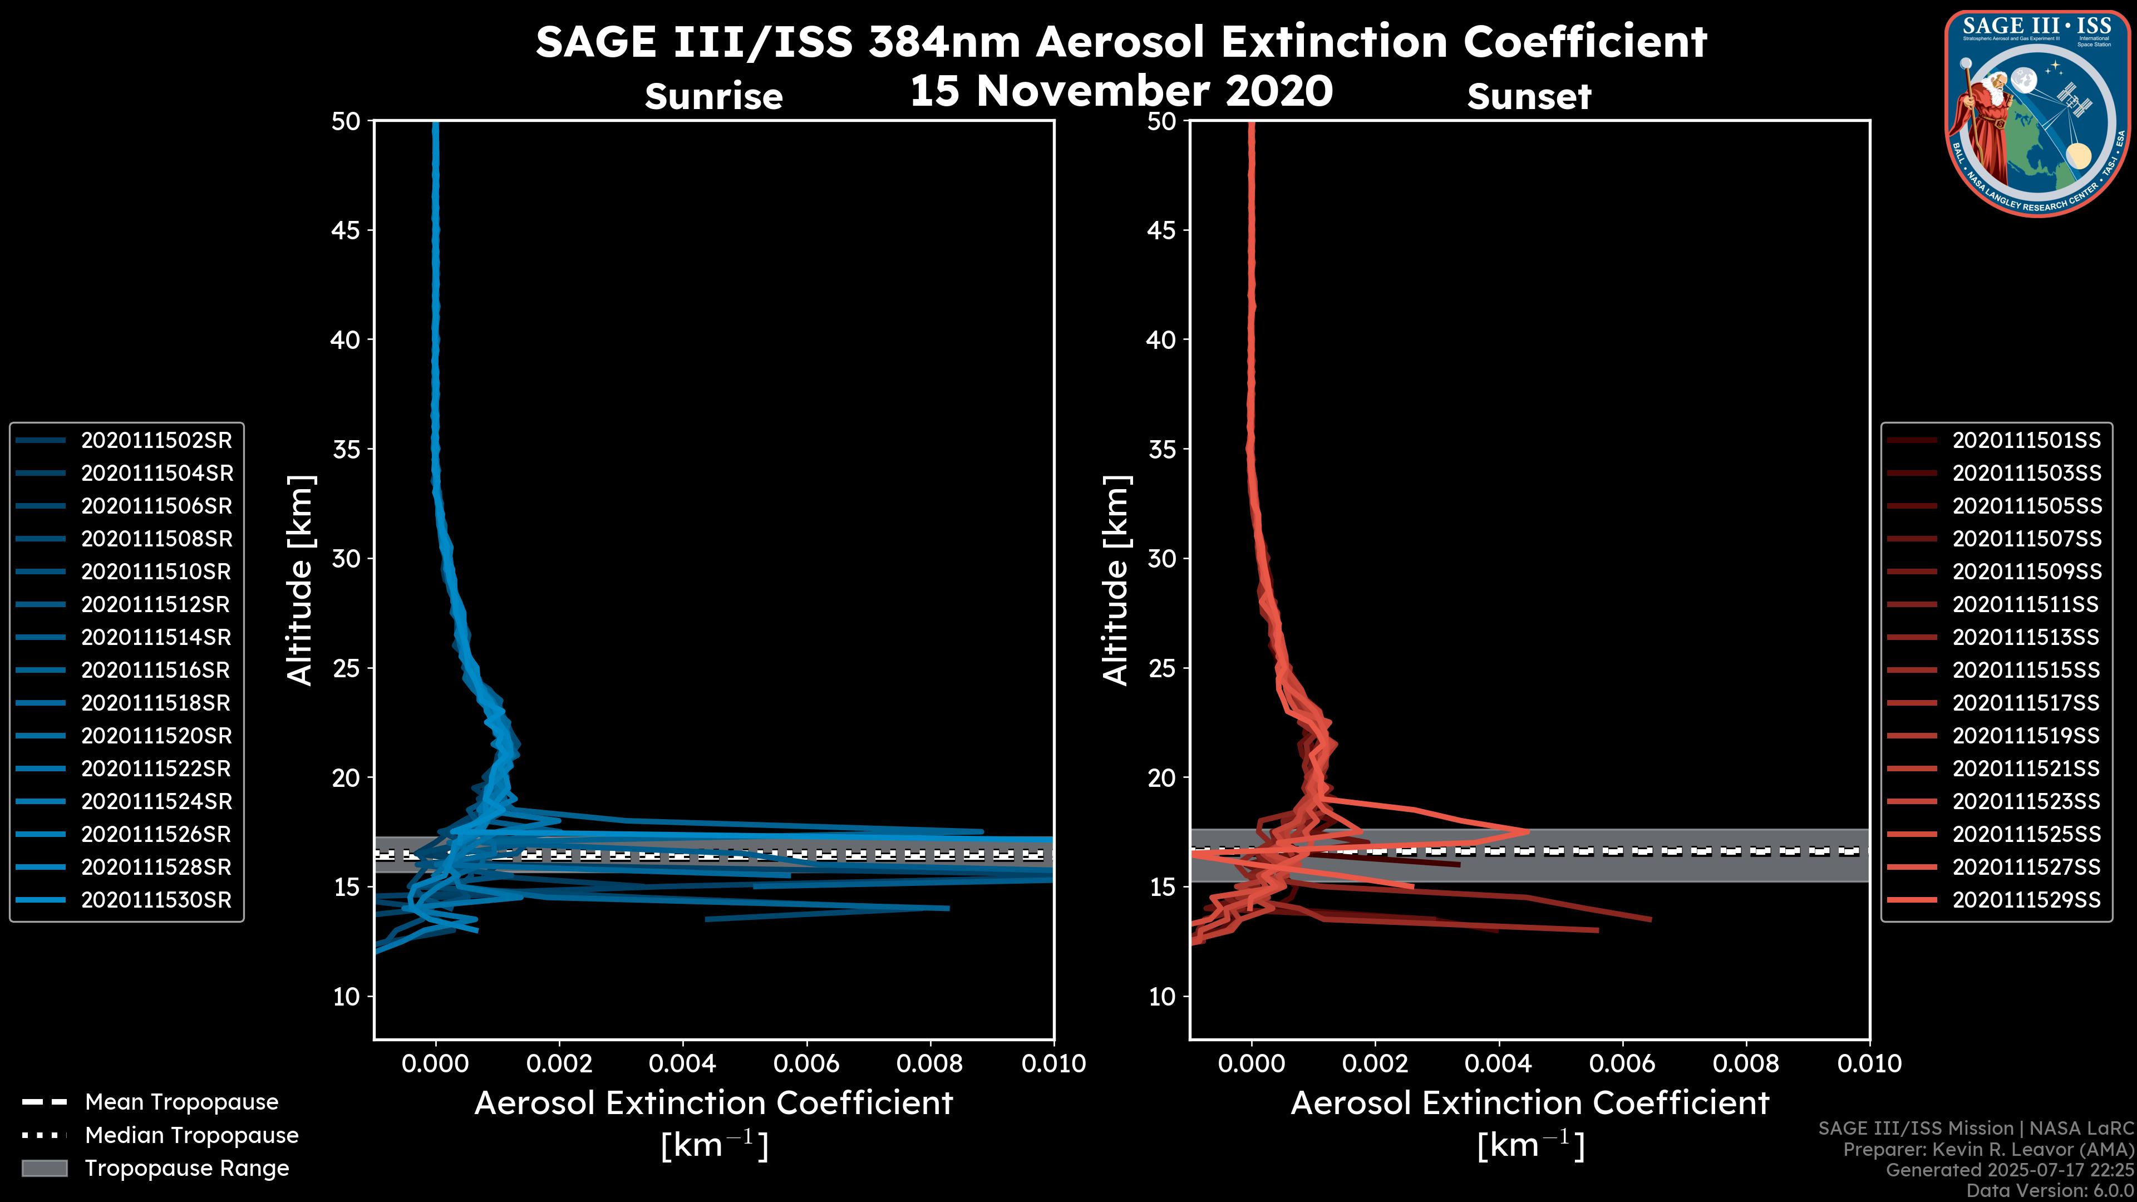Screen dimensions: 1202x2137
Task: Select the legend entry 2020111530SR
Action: point(156,900)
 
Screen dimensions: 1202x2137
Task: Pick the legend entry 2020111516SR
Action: point(156,670)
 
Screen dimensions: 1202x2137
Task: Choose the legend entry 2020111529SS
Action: point(2026,900)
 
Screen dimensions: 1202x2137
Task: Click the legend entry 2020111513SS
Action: point(2026,637)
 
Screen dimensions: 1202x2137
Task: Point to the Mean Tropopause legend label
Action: point(181,1102)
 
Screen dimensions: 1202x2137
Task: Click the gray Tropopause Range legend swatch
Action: point(44,1168)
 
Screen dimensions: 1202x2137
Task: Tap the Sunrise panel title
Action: point(713,97)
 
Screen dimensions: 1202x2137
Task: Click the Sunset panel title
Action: point(1529,97)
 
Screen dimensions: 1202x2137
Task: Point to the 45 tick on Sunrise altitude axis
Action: point(346,230)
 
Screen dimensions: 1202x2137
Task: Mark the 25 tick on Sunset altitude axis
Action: point(1161,668)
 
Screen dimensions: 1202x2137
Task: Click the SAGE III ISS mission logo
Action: point(2037,114)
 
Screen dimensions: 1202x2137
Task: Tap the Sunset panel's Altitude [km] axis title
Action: point(1116,580)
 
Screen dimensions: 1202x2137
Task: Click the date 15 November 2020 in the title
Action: point(1121,91)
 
